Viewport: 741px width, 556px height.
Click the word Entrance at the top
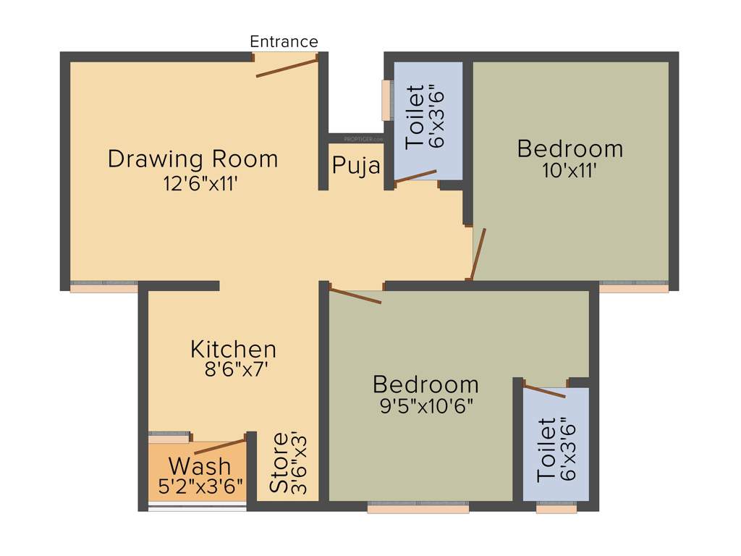(x=284, y=42)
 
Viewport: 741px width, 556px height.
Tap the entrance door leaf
(x=287, y=67)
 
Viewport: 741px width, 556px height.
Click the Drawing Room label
(x=192, y=159)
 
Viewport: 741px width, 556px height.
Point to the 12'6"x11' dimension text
(x=200, y=183)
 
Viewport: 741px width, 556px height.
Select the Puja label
(x=356, y=166)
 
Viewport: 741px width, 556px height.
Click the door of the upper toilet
(x=415, y=176)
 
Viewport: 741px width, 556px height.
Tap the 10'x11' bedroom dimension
(x=570, y=172)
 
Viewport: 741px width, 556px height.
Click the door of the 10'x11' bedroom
(x=478, y=254)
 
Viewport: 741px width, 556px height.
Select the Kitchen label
(x=233, y=349)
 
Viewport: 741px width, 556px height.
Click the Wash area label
(x=200, y=466)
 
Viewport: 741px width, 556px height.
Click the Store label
(x=279, y=463)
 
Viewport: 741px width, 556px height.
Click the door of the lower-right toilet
(x=544, y=392)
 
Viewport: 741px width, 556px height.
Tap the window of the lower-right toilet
(x=556, y=508)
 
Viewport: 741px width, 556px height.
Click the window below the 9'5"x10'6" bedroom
(x=418, y=508)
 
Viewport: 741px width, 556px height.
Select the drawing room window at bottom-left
(x=103, y=287)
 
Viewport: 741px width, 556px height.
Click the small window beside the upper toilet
(x=386, y=100)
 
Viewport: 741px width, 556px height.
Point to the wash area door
(x=220, y=446)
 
